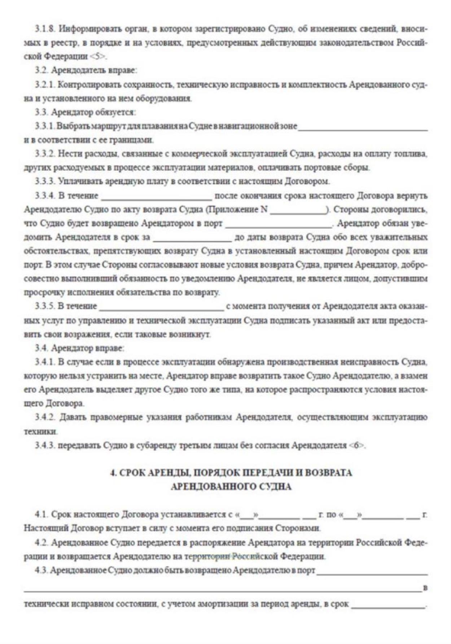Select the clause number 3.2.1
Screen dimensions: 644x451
click(x=45, y=85)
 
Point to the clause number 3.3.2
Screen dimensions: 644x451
click(x=45, y=154)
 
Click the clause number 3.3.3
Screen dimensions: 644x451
click(x=45, y=181)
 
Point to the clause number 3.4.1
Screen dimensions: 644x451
click(x=45, y=362)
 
